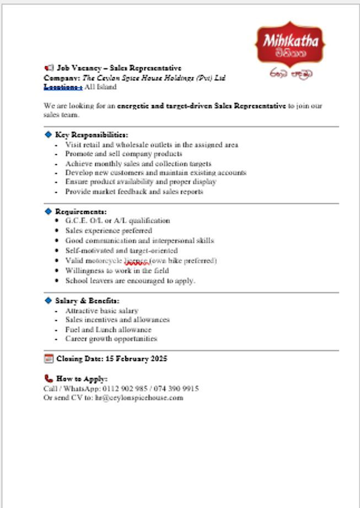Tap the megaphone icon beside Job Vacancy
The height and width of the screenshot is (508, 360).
(x=49, y=68)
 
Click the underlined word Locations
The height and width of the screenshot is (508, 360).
(x=63, y=87)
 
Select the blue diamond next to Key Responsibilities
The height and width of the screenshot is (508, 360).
(x=48, y=134)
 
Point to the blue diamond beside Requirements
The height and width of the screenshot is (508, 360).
(x=48, y=211)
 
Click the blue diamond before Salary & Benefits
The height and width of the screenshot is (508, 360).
(x=48, y=300)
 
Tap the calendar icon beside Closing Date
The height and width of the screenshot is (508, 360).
(x=49, y=359)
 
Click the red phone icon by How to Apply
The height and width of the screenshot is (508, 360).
(x=49, y=379)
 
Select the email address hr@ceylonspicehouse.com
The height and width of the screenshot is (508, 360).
(x=139, y=397)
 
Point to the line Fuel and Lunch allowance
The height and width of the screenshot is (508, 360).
(x=108, y=329)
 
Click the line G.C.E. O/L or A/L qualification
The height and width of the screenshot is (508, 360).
(x=117, y=220)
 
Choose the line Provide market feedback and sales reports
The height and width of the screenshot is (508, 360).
(x=134, y=192)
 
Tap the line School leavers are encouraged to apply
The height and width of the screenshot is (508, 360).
(x=130, y=280)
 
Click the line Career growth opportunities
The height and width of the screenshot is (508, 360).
(x=111, y=339)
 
